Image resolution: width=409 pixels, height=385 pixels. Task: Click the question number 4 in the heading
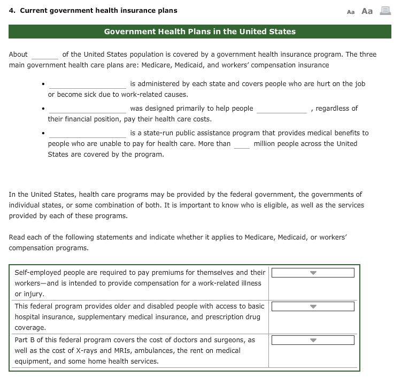coord(11,10)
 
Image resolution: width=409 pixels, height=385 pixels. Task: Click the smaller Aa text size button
coord(351,12)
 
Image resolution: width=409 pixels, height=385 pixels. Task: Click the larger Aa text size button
coord(367,11)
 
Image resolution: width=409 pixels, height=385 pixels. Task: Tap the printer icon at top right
coord(385,11)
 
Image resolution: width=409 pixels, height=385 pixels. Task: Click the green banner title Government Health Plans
coord(199,32)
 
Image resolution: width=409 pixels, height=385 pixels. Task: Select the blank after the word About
coord(45,55)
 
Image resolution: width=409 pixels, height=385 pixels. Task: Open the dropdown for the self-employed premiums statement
coord(313,273)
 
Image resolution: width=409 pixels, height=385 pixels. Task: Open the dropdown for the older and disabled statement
coord(313,307)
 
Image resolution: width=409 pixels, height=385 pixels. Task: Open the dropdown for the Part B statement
coord(313,341)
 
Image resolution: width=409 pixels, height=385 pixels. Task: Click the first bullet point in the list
coord(42,84)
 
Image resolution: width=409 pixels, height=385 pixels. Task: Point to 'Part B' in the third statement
coord(24,340)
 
